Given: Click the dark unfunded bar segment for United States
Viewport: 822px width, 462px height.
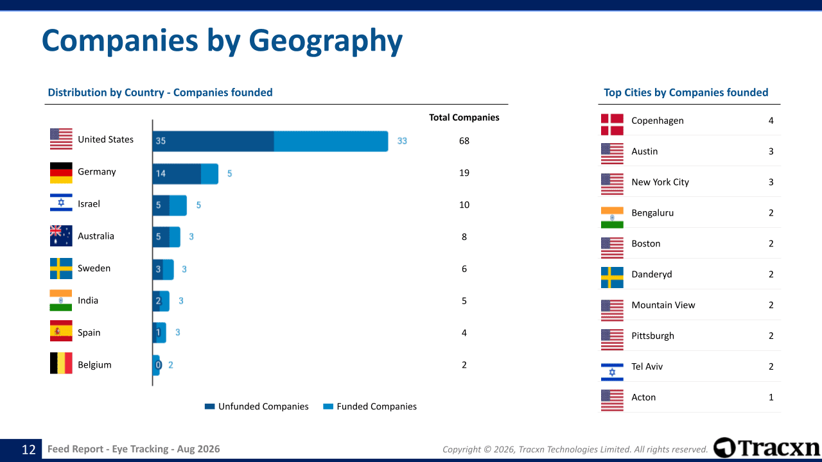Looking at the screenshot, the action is click(213, 141).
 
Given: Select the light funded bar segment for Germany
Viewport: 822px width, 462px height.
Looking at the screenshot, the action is click(209, 174).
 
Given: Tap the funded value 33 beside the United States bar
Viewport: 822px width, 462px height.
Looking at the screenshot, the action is click(402, 141).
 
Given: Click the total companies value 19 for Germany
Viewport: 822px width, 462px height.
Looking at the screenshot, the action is click(464, 173).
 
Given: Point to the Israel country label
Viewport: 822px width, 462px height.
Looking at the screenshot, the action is click(89, 204).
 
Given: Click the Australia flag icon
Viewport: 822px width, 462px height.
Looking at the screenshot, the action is click(61, 235).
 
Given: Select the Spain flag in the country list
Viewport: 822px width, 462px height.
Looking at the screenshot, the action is click(61, 330).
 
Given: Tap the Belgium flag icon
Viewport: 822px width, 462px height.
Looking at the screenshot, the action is click(61, 363).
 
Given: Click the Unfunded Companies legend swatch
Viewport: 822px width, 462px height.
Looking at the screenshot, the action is click(209, 406).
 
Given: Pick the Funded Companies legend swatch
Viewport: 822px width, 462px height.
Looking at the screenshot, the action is click(328, 406).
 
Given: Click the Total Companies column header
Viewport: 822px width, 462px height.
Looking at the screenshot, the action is click(464, 117).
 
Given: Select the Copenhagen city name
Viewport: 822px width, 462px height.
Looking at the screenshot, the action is click(658, 121).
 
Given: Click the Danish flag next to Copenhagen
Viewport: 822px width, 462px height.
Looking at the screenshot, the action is click(612, 124).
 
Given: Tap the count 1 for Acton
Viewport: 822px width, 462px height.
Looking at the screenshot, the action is click(771, 397).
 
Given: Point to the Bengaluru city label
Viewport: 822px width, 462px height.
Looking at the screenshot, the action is click(652, 213).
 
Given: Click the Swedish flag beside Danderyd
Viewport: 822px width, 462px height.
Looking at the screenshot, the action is click(612, 278).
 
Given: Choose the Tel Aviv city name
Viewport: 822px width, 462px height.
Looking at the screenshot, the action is click(647, 366).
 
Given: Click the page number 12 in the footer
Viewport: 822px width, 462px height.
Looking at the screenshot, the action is click(29, 450).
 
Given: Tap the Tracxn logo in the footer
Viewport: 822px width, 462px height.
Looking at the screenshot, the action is click(767, 448).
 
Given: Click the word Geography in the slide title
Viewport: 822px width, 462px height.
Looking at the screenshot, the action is click(326, 41).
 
